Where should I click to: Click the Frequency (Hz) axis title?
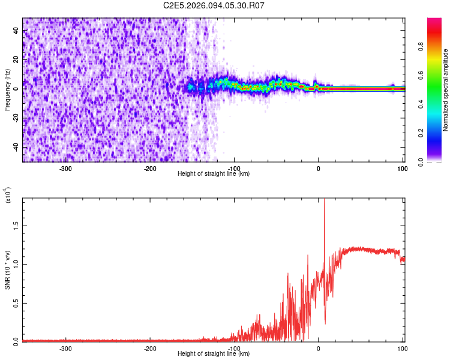(7, 89)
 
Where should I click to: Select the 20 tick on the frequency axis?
(16, 59)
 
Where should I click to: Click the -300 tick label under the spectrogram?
(66, 169)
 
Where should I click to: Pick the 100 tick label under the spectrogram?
(401, 169)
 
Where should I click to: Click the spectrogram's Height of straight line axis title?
(214, 174)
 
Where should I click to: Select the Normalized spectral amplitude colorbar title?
(446, 89)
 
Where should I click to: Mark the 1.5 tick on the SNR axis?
(16, 225)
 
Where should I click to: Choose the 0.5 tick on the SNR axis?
(16, 302)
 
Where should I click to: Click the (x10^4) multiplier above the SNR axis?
(8, 195)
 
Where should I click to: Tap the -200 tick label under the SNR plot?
(150, 348)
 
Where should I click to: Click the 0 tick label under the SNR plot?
(319, 348)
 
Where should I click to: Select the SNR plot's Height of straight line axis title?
(214, 354)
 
